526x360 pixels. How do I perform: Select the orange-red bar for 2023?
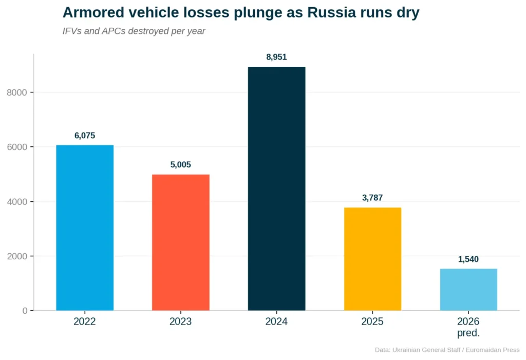tap(181, 242)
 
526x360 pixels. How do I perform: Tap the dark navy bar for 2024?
tap(276, 188)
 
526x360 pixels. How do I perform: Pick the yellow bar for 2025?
tap(372, 259)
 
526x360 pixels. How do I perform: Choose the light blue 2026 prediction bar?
tap(468, 290)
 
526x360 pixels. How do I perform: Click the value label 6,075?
tap(85, 136)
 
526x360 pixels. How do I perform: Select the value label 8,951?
tap(276, 58)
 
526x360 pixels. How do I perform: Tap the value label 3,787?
tap(372, 198)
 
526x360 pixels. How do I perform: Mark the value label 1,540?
tap(468, 259)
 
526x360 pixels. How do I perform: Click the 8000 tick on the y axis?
tap(17, 92)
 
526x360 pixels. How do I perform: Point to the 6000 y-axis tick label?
tap(17, 147)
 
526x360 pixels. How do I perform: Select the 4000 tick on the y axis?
tap(17, 202)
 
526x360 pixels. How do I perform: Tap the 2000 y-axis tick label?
tap(17, 256)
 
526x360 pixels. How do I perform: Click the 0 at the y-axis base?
tap(25, 311)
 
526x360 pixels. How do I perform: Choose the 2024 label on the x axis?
tap(276, 322)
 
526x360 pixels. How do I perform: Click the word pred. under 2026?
tap(468, 333)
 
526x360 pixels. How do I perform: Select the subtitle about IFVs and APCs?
tap(134, 31)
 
